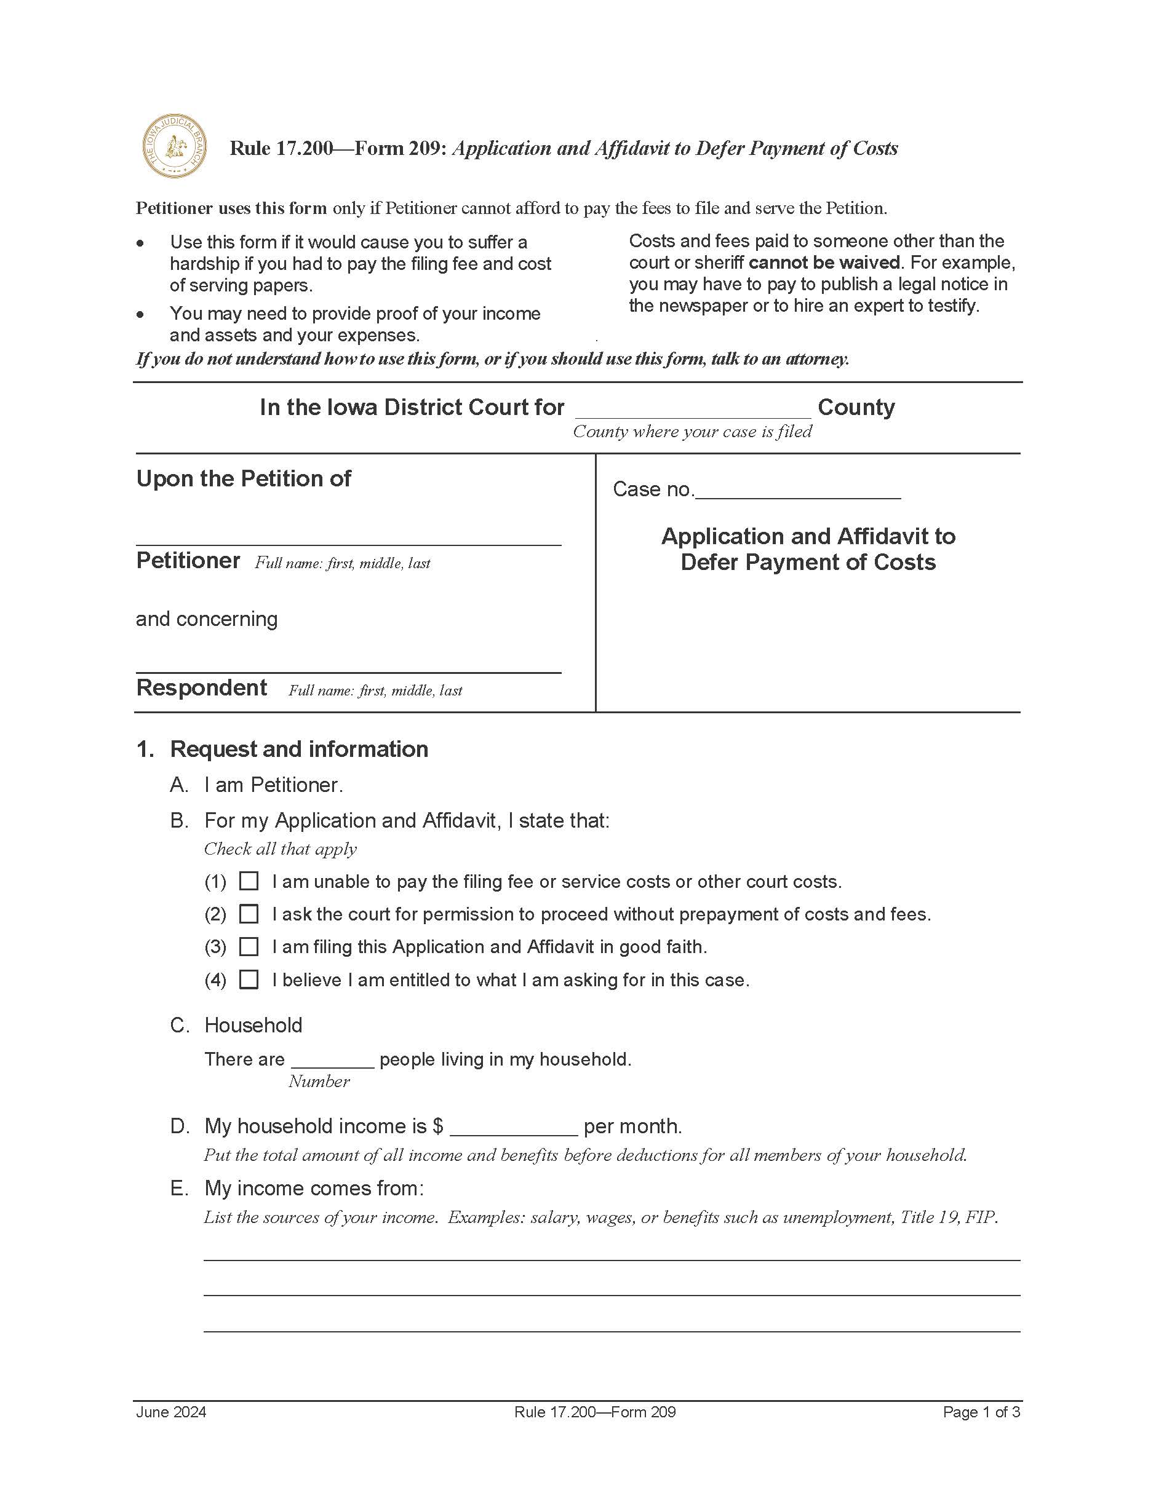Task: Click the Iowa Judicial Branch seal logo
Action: [x=175, y=146]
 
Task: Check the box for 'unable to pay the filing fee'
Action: [x=249, y=881]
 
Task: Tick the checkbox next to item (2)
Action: [x=249, y=914]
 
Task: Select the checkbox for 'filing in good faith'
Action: [x=249, y=946]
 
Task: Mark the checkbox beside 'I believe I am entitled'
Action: [x=249, y=979]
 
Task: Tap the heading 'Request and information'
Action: [x=298, y=749]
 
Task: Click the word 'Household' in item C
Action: [x=253, y=1025]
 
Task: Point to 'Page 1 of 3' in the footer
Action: [x=981, y=1412]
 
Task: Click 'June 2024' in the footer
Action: [x=171, y=1412]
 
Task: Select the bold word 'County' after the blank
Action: [x=856, y=408]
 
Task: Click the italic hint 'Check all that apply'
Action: [x=280, y=849]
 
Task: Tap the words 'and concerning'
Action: [x=207, y=619]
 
